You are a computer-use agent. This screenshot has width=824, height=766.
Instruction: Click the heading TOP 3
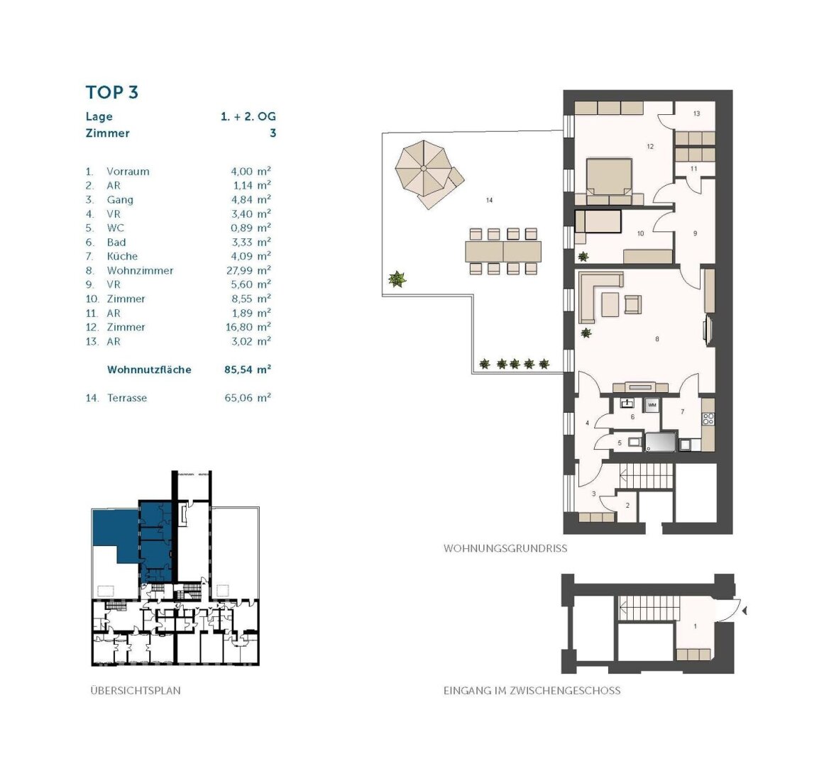pos(111,92)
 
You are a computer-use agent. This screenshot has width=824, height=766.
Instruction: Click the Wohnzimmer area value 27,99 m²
pos(248,270)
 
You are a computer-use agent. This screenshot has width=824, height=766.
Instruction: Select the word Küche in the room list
pos(122,256)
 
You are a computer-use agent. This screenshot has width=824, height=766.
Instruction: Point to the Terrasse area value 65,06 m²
pos(248,398)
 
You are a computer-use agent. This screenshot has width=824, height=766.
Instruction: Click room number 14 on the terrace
pos(489,201)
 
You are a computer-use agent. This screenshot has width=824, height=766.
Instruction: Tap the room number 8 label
pos(657,339)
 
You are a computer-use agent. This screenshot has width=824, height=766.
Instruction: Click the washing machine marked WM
pos(652,404)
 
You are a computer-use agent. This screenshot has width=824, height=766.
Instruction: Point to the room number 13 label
pos(696,113)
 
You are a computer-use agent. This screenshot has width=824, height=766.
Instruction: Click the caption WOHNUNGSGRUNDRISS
pos(505,548)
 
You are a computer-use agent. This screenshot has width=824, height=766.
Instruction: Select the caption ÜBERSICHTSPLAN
pos(136,690)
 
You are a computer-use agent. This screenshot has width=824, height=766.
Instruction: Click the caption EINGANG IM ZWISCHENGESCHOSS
pos(532,690)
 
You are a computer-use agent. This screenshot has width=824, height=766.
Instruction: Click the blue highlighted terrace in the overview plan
pos(114,531)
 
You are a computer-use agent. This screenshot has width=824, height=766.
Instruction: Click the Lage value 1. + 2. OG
pos(248,117)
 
